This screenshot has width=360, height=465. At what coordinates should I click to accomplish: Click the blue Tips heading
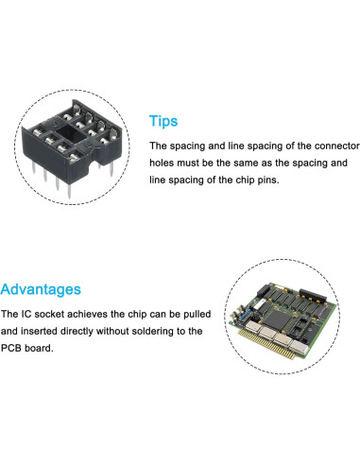(163, 121)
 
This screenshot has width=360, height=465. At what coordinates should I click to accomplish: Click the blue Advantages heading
(41, 289)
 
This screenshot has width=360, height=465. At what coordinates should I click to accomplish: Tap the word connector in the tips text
(337, 146)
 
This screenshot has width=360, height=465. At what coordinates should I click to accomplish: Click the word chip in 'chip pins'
(245, 180)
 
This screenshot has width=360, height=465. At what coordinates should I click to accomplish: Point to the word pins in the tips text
(268, 181)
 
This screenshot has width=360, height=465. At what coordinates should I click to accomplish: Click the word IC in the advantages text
(26, 314)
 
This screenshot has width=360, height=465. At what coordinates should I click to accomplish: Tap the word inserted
(39, 331)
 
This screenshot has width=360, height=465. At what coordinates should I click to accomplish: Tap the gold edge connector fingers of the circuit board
(267, 344)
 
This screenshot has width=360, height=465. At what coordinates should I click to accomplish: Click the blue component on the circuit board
(246, 314)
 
